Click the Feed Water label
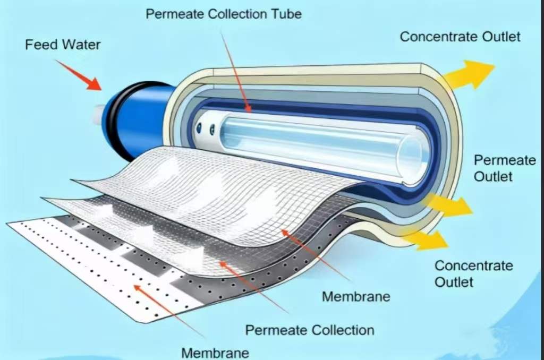click(63, 45)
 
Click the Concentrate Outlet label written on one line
click(460, 37)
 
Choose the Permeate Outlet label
click(505, 168)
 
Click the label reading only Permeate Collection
click(310, 330)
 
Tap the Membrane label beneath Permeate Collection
click(215, 353)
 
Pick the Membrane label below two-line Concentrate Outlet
click(356, 296)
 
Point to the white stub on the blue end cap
click(98, 114)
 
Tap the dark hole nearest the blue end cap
click(199, 128)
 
